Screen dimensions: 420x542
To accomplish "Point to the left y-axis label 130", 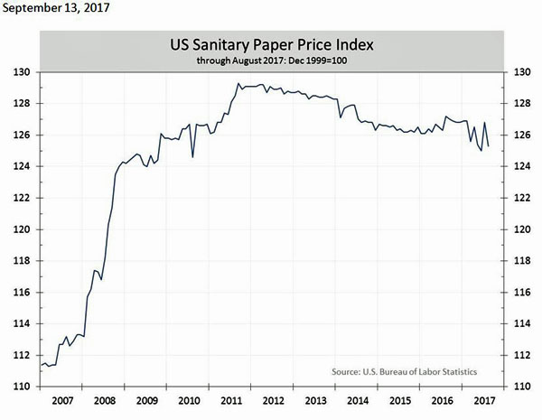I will pyautogui.click(x=23, y=72).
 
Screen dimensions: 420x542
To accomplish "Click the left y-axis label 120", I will pyautogui.click(x=23, y=229).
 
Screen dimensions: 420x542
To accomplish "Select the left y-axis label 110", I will pyautogui.click(x=23, y=387).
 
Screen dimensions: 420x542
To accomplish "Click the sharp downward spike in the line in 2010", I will pyautogui.click(x=193, y=157).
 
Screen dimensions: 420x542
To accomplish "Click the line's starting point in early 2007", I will pyautogui.click(x=42, y=364).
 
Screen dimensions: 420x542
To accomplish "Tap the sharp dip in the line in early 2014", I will pyautogui.click(x=340, y=117).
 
